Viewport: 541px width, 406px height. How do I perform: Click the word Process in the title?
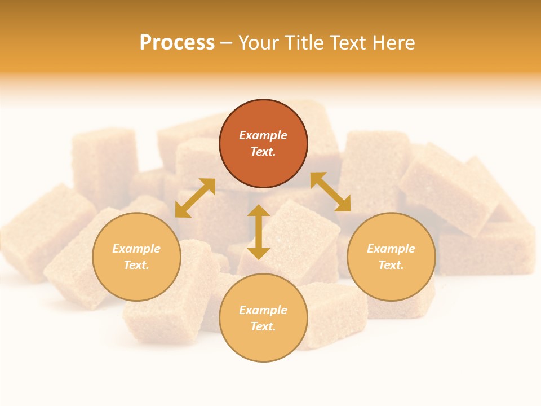point(177,43)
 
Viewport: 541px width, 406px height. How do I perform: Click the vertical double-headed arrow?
point(259,232)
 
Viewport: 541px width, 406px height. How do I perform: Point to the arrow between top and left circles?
point(195,198)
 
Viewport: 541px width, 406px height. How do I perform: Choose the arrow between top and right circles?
point(330,192)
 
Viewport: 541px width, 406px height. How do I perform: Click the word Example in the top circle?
point(263,135)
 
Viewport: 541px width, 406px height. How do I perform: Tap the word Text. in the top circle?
point(263,152)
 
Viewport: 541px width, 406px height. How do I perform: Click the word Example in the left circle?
point(136,249)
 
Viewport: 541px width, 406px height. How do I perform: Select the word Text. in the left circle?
point(136,265)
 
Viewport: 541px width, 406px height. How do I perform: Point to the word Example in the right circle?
point(391,249)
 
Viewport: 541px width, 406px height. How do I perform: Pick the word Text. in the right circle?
point(391,265)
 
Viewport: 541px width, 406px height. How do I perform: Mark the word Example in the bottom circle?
point(263,310)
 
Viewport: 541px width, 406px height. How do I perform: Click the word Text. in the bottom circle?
point(263,326)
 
